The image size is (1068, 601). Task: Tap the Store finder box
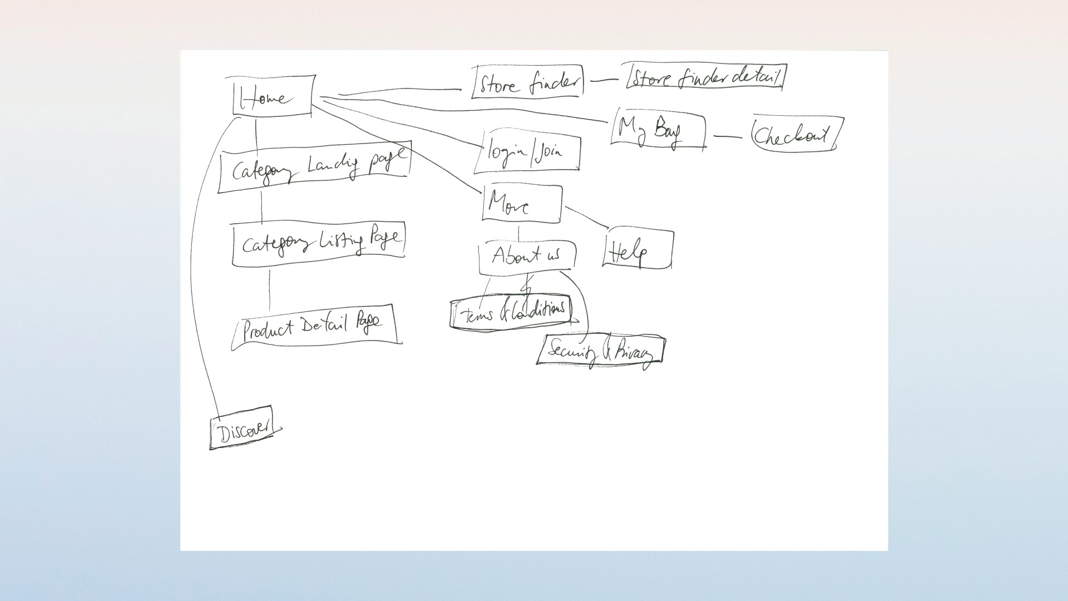[527, 82]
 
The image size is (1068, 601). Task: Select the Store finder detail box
[706, 77]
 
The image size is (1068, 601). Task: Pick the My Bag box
[657, 130]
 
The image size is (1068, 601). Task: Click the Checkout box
[795, 134]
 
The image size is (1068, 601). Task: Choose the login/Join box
[527, 152]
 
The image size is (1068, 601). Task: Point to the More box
[522, 204]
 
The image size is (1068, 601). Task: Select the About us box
[527, 257]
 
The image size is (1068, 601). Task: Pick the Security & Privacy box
[600, 351]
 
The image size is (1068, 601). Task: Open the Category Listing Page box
[318, 244]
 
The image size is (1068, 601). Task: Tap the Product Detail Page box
[315, 326]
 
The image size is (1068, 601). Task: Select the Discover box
[243, 428]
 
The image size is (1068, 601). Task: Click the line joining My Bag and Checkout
[728, 136]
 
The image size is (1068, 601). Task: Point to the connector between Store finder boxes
[604, 80]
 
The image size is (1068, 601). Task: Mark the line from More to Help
[587, 216]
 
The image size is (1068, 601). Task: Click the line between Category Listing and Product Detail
[270, 289]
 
